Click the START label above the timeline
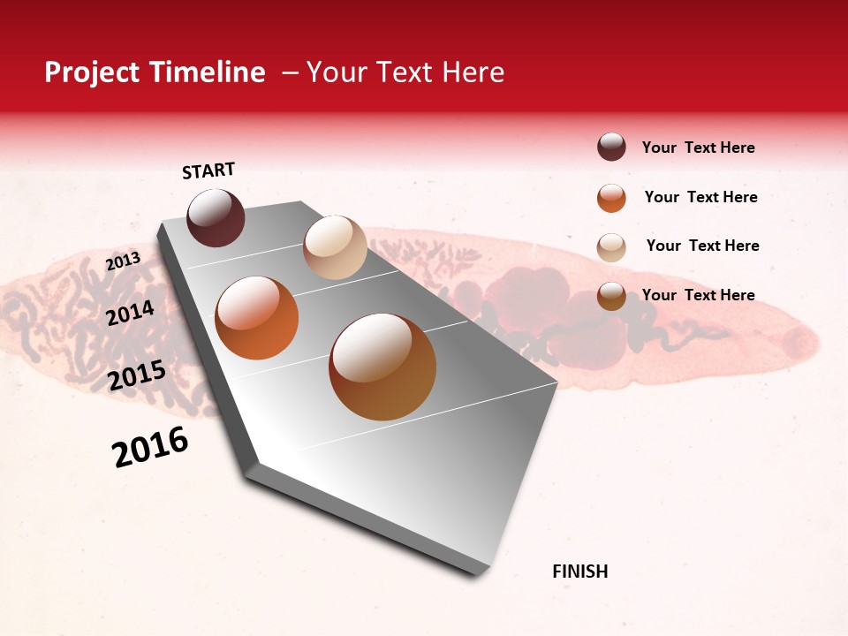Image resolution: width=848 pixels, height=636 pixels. coord(208,170)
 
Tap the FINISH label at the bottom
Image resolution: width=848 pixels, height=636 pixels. coord(579,572)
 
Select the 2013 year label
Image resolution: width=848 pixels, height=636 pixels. coord(123,261)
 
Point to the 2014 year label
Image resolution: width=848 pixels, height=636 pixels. coord(131,313)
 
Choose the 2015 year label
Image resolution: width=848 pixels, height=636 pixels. coord(137,375)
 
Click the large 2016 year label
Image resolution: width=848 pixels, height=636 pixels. coord(150,447)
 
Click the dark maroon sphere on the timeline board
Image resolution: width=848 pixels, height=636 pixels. coord(216,217)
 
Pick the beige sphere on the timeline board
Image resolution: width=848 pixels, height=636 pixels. coord(335,247)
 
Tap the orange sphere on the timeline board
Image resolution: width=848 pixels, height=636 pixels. coord(257,318)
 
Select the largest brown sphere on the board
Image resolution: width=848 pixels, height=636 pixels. coord(382,367)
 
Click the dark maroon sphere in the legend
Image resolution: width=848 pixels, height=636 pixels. coord(611,148)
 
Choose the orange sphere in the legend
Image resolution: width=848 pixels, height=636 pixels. coord(611,198)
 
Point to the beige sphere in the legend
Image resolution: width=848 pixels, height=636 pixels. coord(611,247)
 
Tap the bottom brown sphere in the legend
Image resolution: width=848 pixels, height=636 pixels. coord(611,296)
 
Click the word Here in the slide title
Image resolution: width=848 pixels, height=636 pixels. coord(473,72)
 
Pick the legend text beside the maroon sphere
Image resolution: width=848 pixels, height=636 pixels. coord(698,148)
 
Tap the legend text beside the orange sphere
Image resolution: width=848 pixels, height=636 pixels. coord(700,197)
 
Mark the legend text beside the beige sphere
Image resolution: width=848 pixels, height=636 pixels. coord(702,246)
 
